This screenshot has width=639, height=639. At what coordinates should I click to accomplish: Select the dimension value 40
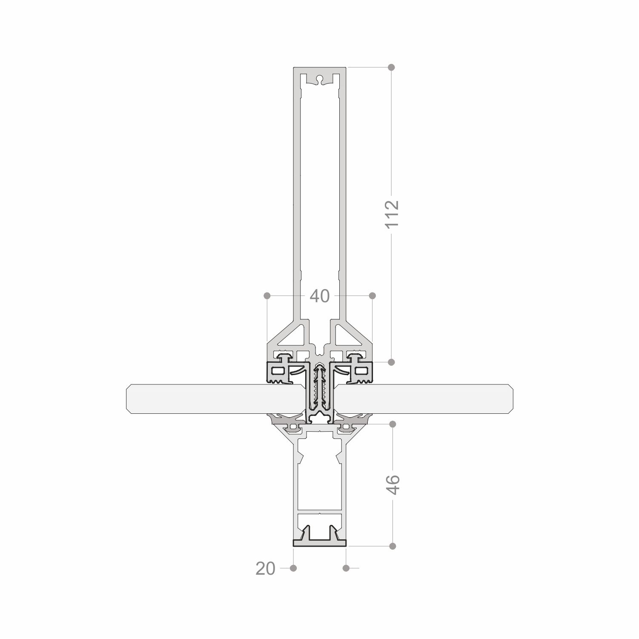point(320,296)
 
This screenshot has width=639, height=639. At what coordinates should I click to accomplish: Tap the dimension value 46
point(393,484)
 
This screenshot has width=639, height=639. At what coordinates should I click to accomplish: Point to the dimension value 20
point(266,568)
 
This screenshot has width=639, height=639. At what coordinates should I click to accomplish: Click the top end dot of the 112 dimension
point(392,67)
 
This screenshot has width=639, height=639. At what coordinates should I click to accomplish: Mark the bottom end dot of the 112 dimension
point(392,362)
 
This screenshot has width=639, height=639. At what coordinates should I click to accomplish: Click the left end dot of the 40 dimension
point(267,295)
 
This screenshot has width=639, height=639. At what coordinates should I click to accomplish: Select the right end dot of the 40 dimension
point(373,295)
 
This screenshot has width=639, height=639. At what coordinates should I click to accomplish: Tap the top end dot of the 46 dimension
point(393,424)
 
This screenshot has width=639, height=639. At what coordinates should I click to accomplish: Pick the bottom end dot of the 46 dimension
point(393,546)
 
